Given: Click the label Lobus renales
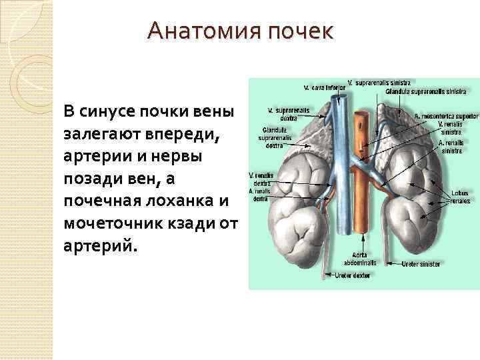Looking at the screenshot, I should pyautogui.click(x=460, y=196).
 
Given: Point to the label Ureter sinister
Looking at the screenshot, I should pyautogui.click(x=421, y=265).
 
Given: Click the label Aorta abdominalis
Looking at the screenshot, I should pyautogui.click(x=360, y=259).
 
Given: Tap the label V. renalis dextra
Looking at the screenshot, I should pyautogui.click(x=261, y=179).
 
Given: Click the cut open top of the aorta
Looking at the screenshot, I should pyautogui.click(x=362, y=115).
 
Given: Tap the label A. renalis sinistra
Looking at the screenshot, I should pyautogui.click(x=451, y=146).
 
